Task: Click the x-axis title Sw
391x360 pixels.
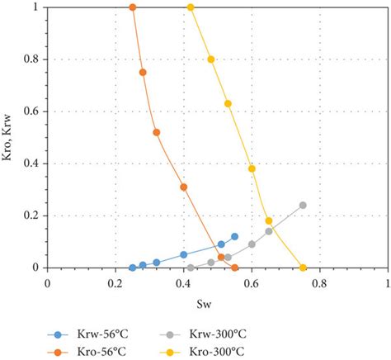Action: coord(217,303)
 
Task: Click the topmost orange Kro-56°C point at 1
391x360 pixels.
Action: coord(132,7)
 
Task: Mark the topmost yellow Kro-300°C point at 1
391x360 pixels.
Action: coord(191,7)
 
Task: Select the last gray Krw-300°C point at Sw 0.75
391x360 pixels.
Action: coord(303,205)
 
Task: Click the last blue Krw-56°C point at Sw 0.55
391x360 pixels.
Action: coord(234,236)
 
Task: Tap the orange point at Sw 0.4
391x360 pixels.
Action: coord(183,187)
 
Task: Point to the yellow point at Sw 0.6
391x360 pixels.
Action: coord(252,168)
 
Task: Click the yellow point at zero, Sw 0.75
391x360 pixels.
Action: coord(303,268)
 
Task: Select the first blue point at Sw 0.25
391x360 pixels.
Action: coord(132,268)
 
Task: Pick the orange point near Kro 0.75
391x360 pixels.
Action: coord(143,72)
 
